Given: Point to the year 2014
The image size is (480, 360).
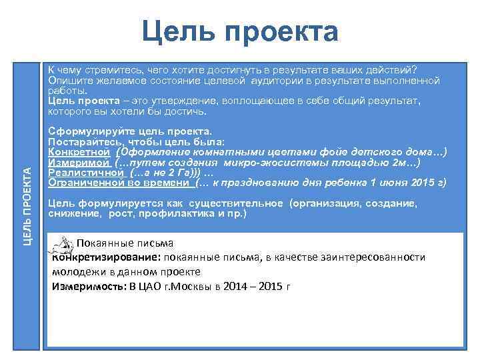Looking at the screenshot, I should pyautogui.click(x=236, y=286).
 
